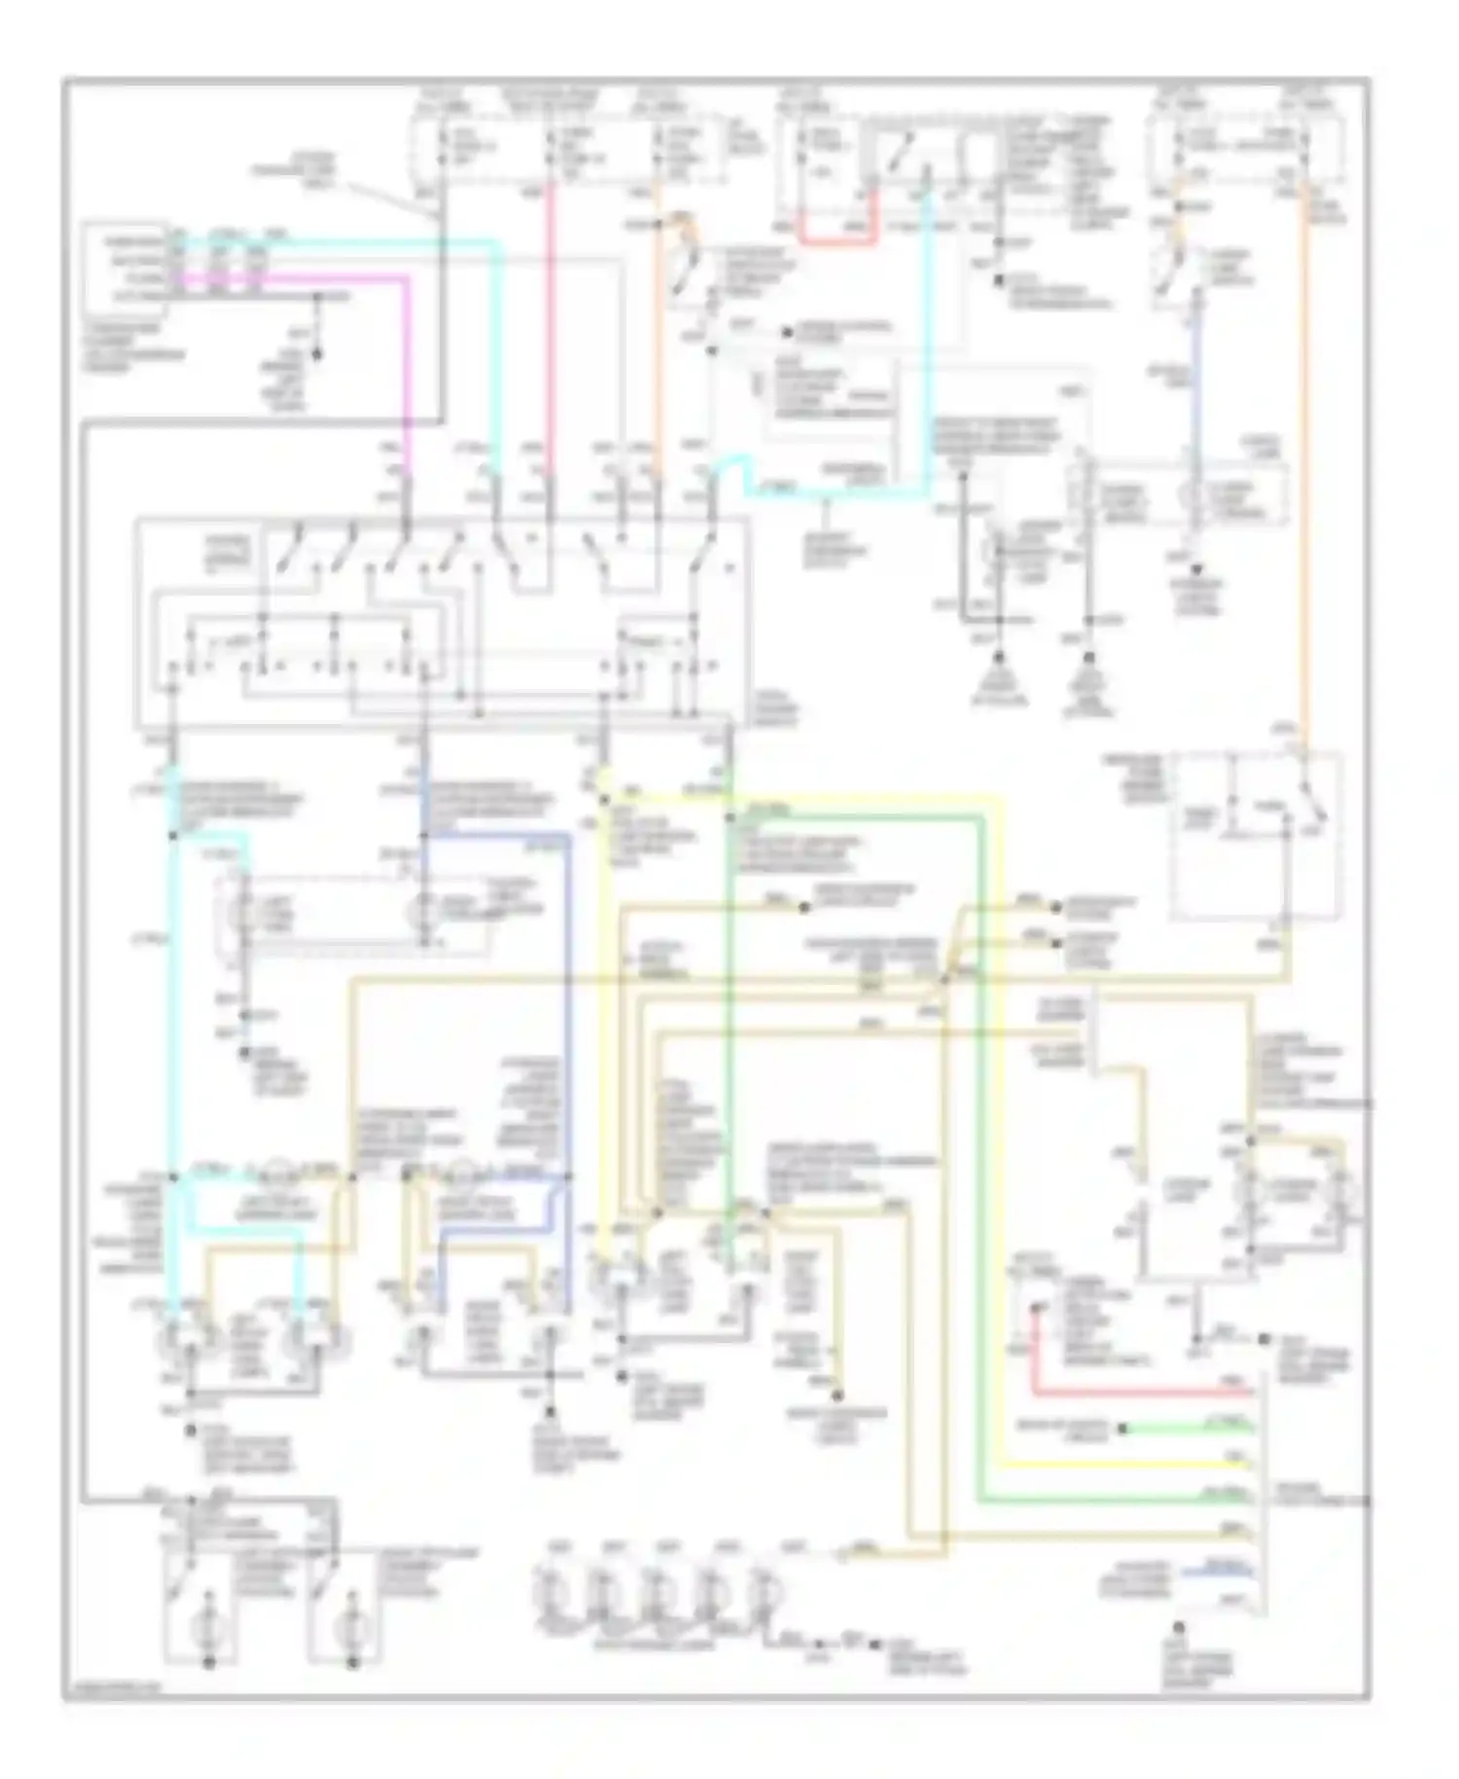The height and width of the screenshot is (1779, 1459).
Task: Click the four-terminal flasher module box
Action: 126,266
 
